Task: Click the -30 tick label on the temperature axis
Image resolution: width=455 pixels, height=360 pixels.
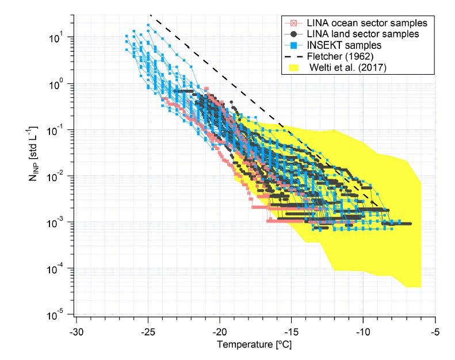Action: click(x=77, y=332)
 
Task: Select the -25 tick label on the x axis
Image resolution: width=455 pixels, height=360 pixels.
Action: click(x=148, y=332)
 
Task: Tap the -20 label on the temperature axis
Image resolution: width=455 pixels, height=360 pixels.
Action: click(x=220, y=332)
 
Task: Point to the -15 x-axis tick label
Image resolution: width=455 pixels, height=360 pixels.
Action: click(x=291, y=332)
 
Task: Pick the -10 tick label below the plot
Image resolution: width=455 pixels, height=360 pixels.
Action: click(x=363, y=332)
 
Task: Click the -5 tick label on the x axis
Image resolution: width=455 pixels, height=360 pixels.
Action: click(x=435, y=332)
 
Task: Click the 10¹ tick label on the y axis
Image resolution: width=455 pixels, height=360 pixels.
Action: click(x=56, y=38)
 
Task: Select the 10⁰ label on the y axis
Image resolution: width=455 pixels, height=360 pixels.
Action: click(x=56, y=85)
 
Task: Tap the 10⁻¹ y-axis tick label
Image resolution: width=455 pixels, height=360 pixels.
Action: click(x=55, y=131)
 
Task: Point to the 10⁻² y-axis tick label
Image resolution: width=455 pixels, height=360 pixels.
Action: click(x=55, y=177)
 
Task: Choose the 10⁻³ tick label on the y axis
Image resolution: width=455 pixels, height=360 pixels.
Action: click(x=55, y=223)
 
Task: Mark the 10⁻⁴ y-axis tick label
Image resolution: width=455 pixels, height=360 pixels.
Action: click(x=55, y=269)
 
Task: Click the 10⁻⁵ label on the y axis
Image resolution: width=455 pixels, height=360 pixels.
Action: click(x=55, y=315)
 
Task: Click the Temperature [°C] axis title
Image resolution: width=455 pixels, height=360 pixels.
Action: click(x=254, y=344)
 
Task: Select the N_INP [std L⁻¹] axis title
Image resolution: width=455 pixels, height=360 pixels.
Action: click(x=33, y=154)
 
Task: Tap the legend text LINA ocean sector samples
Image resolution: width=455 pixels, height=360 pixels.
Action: click(x=367, y=23)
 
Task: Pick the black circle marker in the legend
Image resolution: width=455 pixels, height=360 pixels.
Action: click(x=294, y=35)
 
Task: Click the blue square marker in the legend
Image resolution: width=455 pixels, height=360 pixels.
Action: click(x=294, y=45)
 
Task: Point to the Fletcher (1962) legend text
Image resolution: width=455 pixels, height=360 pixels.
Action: click(x=340, y=56)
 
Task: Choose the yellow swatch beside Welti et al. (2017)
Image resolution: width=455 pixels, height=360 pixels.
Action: click(x=294, y=68)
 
